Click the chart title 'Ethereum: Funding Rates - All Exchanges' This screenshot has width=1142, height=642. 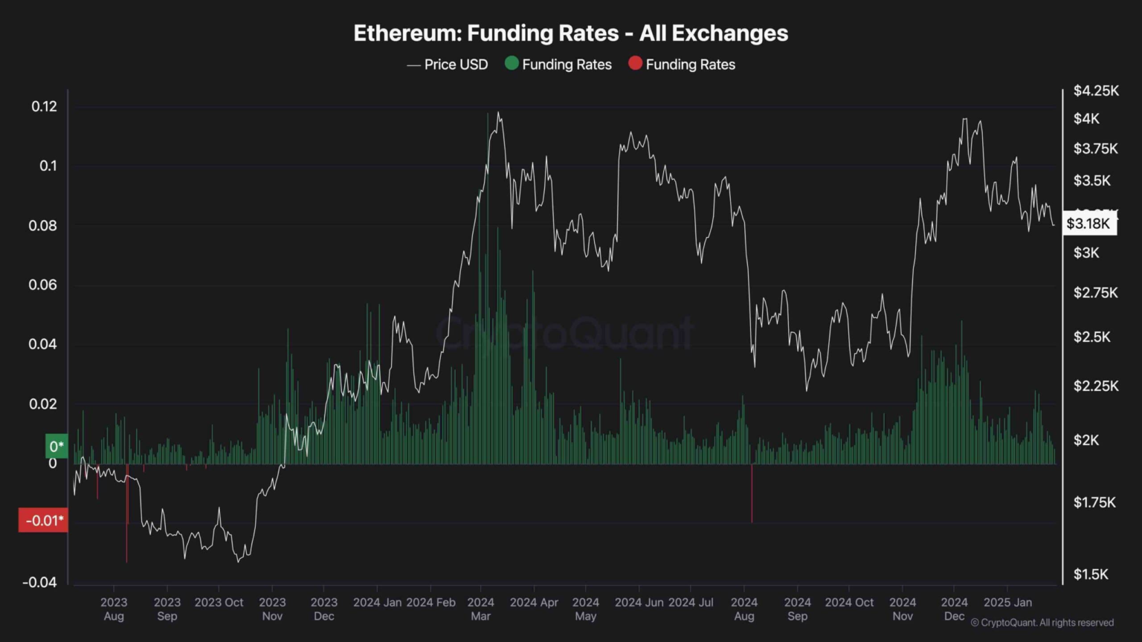[570, 33]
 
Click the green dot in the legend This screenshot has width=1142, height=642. [512, 63]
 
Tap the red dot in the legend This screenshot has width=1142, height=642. [635, 63]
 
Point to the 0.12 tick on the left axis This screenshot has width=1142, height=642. [44, 106]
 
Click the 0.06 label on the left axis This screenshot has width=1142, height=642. [42, 285]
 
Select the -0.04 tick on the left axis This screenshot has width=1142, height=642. [39, 582]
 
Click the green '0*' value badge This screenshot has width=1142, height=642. [57, 446]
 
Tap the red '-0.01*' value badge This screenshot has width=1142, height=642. [43, 520]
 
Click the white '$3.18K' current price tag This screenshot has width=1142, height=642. [1088, 224]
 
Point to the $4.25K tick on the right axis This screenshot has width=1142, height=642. [1095, 91]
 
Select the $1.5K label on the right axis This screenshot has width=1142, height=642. [1091, 574]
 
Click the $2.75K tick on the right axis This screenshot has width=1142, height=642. [1095, 293]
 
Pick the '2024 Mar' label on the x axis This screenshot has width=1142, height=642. [481, 609]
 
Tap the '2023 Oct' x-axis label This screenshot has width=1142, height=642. [219, 602]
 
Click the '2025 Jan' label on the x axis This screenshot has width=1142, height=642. [1007, 602]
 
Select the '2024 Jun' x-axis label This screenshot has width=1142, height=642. [639, 602]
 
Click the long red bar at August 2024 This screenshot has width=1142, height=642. [752, 493]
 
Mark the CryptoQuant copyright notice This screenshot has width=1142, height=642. [1042, 623]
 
